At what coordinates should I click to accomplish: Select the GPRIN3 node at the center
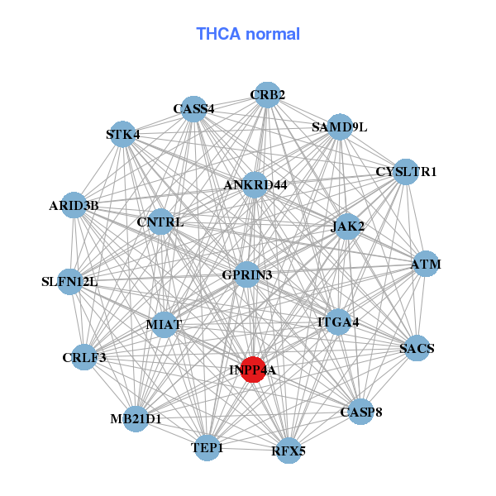click(x=247, y=274)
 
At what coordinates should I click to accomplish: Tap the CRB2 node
click(x=266, y=95)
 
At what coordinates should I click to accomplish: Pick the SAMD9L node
click(x=340, y=126)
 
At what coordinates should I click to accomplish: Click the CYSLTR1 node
click(x=405, y=172)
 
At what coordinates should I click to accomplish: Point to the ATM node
click(x=425, y=265)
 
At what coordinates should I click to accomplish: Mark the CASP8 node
click(x=360, y=412)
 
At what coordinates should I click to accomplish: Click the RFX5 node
click(x=288, y=451)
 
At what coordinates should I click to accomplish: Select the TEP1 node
click(x=207, y=448)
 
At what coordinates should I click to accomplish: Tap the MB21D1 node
click(x=136, y=418)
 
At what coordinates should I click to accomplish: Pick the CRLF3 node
click(x=84, y=357)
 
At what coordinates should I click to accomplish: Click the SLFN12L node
click(x=70, y=282)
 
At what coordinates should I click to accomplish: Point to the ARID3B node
click(x=74, y=205)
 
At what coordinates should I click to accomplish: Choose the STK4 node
click(x=123, y=135)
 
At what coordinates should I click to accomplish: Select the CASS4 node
click(x=193, y=108)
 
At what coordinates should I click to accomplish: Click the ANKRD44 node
click(x=255, y=185)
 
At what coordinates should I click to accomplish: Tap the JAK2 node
click(x=347, y=226)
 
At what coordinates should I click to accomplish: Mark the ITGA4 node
click(x=338, y=322)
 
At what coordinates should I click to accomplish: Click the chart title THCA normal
click(x=247, y=34)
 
